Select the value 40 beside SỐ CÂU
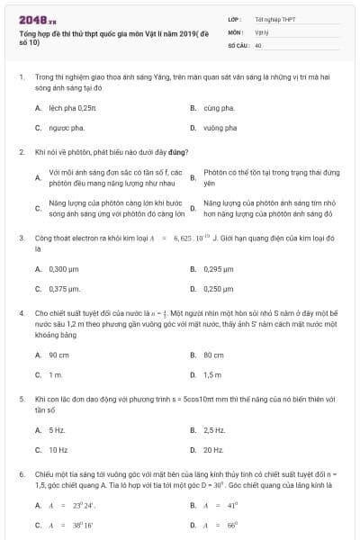(x=258, y=44)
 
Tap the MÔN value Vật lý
(x=262, y=31)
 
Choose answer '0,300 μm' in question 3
(x=67, y=269)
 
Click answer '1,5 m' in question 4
(x=213, y=374)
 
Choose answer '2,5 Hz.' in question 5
(x=215, y=429)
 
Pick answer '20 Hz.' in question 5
(x=213, y=449)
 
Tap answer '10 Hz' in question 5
(x=58, y=449)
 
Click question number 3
(x=21, y=238)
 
